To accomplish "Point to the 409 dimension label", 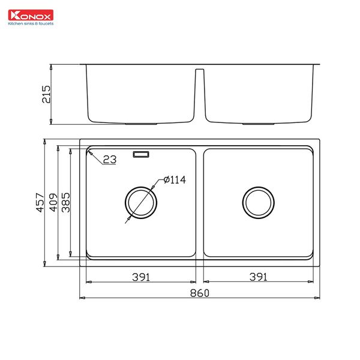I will pyautogui.click(x=53, y=203).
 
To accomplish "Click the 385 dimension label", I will pyautogui.click(x=65, y=203).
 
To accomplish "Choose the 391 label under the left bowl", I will pyautogui.click(x=140, y=277).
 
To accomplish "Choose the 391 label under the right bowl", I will pyautogui.click(x=258, y=277).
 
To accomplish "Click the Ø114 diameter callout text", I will pyautogui.click(x=175, y=180).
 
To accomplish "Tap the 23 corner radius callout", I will pyautogui.click(x=109, y=160).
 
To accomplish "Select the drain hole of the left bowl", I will pyautogui.click(x=142, y=202).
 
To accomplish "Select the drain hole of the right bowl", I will pyautogui.click(x=258, y=202).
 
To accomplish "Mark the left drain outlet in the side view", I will pyautogui.click(x=142, y=124).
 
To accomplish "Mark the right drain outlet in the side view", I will pyautogui.click(x=258, y=124).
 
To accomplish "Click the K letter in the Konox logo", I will pyautogui.click(x=10, y=15).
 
